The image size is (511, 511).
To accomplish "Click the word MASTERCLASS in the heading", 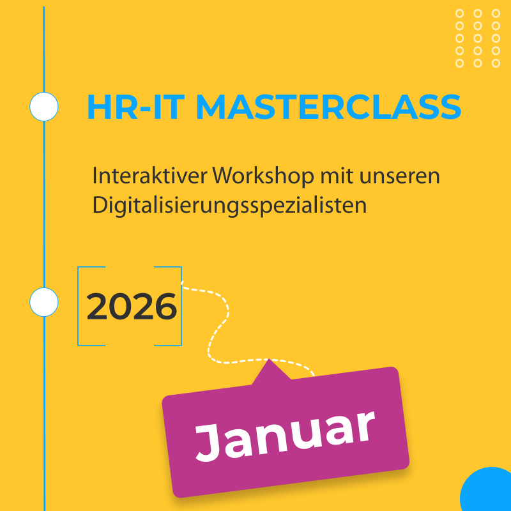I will (x=328, y=107).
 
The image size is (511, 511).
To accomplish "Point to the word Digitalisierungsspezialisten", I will (x=229, y=206).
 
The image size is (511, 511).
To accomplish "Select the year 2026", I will (x=132, y=307).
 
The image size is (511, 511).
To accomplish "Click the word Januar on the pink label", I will (x=285, y=435).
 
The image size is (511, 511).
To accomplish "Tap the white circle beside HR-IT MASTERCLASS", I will (x=44, y=107).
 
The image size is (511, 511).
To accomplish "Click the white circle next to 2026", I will (x=44, y=301).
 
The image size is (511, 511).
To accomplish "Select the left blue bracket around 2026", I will (x=79, y=306).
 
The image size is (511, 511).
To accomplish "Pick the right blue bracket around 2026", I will (x=180, y=306).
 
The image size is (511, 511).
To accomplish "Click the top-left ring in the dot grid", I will (x=460, y=13).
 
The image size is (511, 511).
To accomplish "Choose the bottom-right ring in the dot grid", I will (x=496, y=63).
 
